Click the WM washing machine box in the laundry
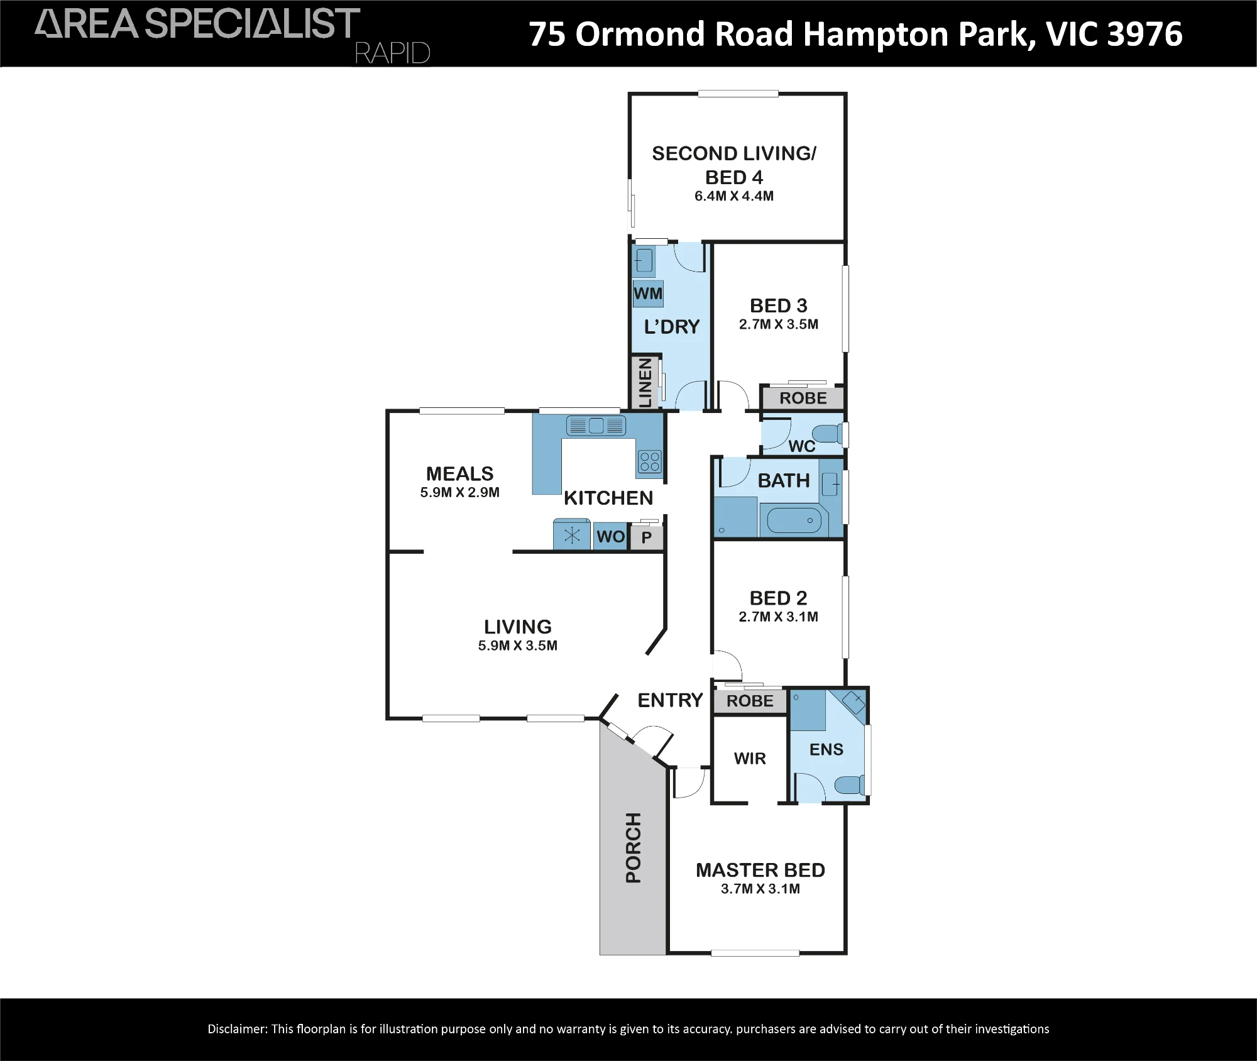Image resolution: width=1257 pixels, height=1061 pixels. click(647, 294)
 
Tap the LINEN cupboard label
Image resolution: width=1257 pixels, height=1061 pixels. click(645, 383)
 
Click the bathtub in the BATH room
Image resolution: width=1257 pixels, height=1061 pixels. click(794, 520)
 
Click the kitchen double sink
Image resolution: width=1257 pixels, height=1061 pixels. click(596, 426)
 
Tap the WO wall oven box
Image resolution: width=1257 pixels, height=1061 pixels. click(610, 537)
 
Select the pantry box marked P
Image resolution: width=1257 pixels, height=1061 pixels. click(647, 538)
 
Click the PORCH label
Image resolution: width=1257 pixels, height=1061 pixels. click(634, 847)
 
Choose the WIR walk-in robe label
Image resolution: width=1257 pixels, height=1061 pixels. click(750, 759)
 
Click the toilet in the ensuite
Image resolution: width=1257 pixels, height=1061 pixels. click(849, 784)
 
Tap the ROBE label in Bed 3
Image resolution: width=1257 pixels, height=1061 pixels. click(803, 398)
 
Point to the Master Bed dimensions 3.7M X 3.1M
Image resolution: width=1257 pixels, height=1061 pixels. click(760, 889)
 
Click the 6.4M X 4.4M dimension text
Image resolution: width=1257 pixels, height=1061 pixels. click(734, 196)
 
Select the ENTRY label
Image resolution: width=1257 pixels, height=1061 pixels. click(670, 700)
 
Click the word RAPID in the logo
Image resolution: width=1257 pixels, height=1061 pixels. click(393, 53)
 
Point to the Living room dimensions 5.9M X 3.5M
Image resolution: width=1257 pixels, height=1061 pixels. click(518, 646)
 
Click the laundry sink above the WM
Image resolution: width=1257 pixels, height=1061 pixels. click(644, 260)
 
